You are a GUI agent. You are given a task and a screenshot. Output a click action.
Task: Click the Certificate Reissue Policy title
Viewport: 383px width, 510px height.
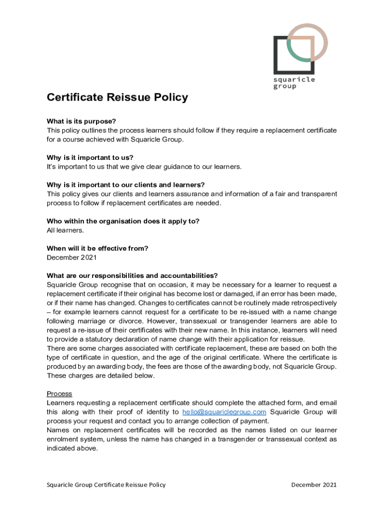[x=117, y=98]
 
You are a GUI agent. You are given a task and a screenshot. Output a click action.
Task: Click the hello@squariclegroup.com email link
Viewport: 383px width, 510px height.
[x=224, y=412]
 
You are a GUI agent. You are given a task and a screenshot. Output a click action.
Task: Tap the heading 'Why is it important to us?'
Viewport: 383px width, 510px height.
[x=90, y=158]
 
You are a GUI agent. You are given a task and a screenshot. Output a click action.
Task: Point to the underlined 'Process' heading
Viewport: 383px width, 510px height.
[x=59, y=394]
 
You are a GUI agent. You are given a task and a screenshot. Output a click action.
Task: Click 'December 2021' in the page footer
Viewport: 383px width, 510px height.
[x=314, y=485]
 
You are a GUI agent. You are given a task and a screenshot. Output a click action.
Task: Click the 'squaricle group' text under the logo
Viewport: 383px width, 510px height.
[x=294, y=83]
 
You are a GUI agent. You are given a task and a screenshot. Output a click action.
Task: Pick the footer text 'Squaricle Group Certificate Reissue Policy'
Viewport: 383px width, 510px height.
[x=106, y=485]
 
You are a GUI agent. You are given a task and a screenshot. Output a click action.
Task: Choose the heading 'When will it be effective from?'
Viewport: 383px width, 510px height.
[x=97, y=249]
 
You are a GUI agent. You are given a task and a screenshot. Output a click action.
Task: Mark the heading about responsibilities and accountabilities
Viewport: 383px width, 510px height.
[x=132, y=275]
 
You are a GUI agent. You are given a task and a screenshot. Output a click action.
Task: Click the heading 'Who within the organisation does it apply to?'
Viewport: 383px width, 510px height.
[x=126, y=221]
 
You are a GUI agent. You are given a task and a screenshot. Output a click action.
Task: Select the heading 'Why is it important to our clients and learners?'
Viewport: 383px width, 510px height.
[x=125, y=185]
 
